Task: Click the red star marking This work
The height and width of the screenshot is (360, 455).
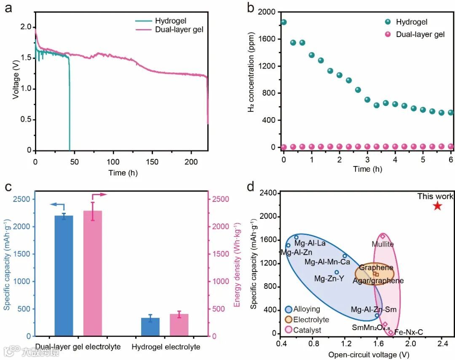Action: pos(437,206)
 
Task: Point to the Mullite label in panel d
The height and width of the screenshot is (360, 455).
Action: pos(383,244)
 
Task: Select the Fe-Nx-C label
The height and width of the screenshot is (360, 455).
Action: pos(408,333)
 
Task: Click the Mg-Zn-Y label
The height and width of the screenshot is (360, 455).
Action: pos(329,278)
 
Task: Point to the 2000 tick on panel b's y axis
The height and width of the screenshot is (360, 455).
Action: pos(266,12)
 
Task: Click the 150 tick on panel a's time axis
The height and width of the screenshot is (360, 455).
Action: pos(152,161)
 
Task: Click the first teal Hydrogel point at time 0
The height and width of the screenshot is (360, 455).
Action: pos(284,22)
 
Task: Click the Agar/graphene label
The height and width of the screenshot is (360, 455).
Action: pos(378,281)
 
